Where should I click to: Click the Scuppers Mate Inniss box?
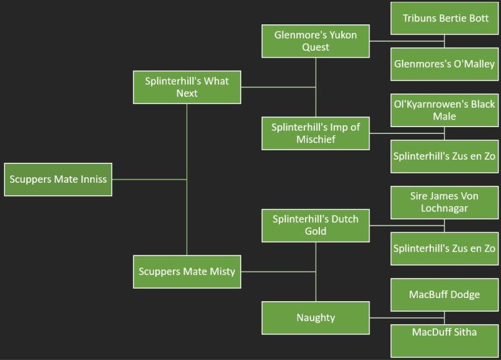coord(58,179)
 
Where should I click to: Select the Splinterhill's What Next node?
coord(187,87)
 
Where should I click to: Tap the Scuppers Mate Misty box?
coord(187,271)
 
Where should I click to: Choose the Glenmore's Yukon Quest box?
coord(316,41)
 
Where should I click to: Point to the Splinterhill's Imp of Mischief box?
coord(316,133)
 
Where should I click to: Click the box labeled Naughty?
coord(316,317)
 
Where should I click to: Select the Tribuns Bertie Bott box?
coord(445,18)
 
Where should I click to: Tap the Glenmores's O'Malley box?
coord(445,64)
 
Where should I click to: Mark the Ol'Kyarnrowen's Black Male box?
coord(445,110)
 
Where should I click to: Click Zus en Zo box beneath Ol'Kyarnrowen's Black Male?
coord(445,156)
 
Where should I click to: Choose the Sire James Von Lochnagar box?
coord(445,202)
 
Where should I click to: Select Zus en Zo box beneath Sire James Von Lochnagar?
coord(445,248)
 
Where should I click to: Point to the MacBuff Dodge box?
coord(445,294)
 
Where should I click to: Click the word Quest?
coord(316,48)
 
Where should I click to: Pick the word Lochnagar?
coord(445,208)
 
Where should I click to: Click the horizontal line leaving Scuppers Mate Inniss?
coord(149,180)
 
